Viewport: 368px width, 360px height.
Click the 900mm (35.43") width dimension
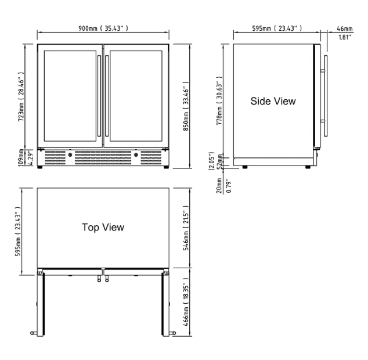(x=104, y=28)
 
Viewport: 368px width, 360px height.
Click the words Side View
(x=273, y=101)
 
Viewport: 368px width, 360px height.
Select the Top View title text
(x=103, y=228)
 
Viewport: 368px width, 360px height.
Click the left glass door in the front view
(x=70, y=96)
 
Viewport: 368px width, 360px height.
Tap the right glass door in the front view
(x=138, y=96)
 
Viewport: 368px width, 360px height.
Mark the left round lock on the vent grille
(x=70, y=155)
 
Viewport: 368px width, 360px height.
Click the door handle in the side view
(x=326, y=96)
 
